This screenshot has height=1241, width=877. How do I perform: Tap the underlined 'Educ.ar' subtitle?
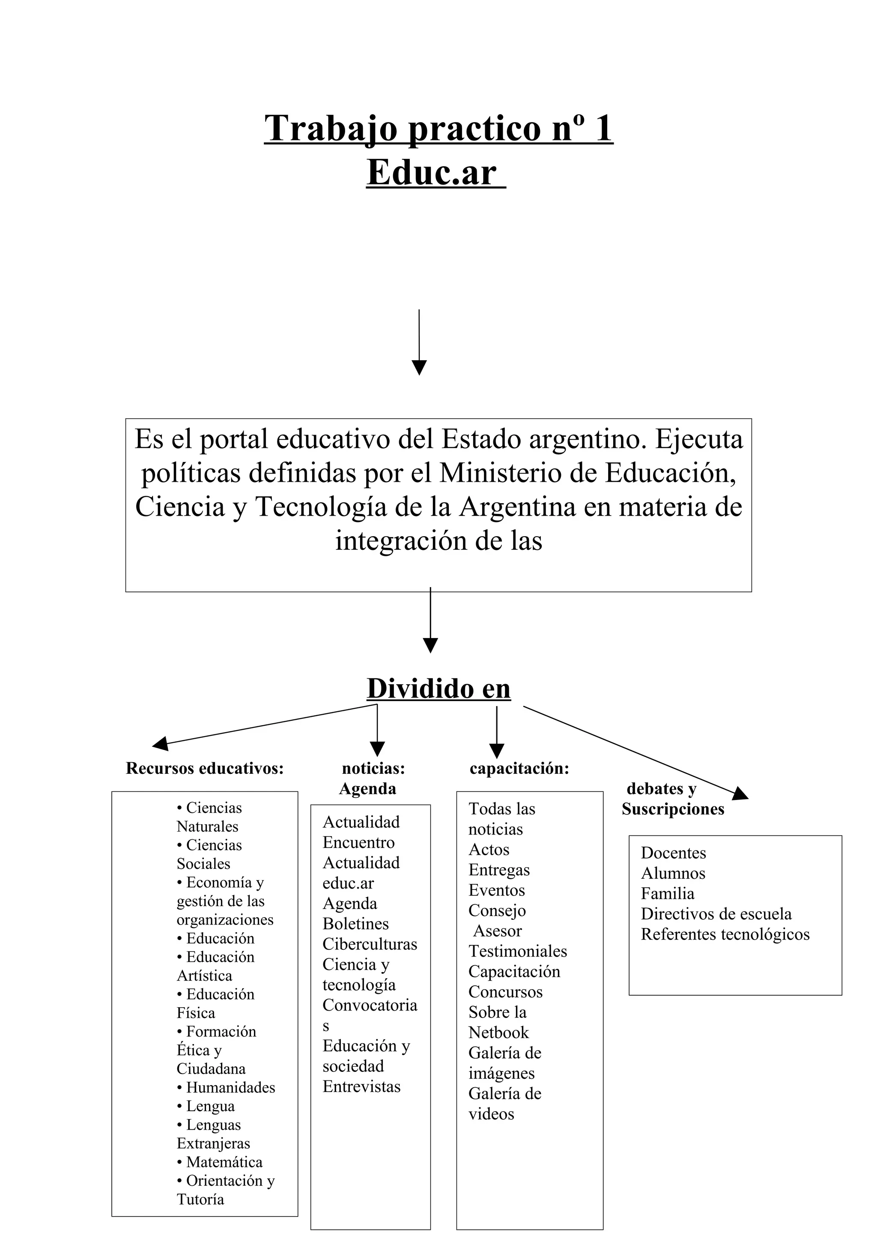coord(432,173)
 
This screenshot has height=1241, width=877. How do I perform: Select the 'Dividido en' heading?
coord(438,689)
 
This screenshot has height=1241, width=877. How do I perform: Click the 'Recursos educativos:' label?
coord(205,768)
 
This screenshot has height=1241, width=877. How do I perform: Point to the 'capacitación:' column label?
coord(519,768)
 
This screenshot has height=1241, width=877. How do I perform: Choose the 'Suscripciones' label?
coord(673,809)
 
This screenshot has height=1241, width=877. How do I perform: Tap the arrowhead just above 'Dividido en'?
coord(430,645)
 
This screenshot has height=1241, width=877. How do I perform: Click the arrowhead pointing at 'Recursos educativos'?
coord(160,744)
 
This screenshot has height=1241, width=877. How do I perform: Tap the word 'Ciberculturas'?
coord(370,944)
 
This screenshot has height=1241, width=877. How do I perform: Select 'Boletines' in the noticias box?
coord(355,924)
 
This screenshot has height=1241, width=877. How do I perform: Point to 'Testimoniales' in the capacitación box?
coord(518,951)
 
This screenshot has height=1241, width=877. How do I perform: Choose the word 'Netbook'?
coord(498,1032)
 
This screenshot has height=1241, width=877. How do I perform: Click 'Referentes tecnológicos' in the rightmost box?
coord(725,934)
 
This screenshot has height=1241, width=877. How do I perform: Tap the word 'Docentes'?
coord(673,853)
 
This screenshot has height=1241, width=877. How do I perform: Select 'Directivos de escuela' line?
coord(716,914)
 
